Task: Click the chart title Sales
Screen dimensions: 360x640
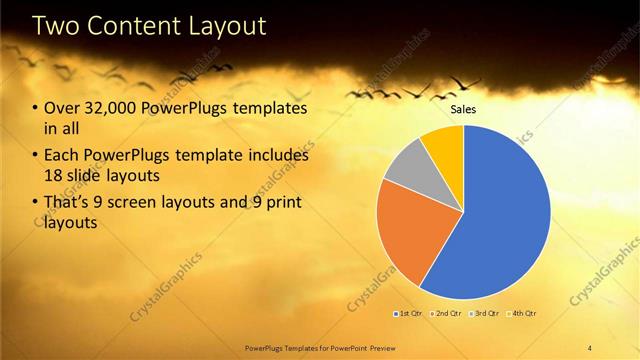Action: point(463,110)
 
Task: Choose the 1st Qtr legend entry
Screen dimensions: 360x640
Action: point(409,315)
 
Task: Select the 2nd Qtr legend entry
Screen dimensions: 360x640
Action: point(445,315)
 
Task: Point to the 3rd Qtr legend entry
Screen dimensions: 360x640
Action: point(484,315)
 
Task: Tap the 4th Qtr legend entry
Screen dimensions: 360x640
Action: point(522,315)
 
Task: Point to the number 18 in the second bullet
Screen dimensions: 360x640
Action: point(53,175)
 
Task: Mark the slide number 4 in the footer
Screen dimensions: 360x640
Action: point(591,347)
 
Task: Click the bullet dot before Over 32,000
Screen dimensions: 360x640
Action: point(36,109)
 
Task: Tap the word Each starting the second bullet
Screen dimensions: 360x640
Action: point(62,156)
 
